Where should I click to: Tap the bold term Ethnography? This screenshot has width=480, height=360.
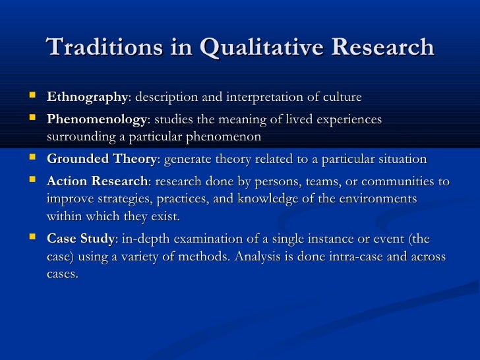click(86, 98)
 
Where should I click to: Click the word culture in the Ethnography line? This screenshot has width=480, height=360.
click(341, 98)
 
